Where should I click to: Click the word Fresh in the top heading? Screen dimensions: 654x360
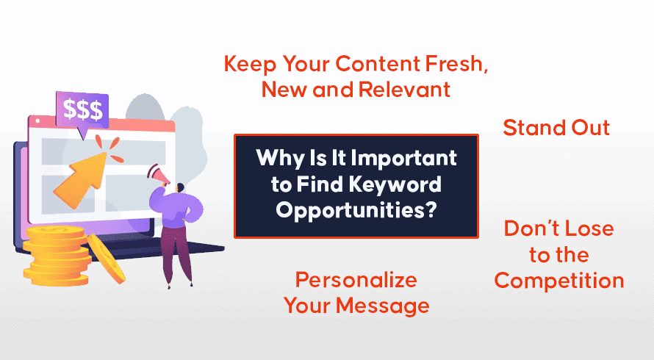coord(457,64)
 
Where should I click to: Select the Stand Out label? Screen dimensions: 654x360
coord(556,128)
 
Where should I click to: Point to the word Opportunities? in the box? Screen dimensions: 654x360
coord(356,210)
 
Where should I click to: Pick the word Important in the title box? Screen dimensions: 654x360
coord(403,159)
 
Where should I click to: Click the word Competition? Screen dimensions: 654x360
coord(559,281)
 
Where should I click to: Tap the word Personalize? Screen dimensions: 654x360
coord(356,280)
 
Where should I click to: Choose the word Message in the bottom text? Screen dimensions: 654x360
coord(382,306)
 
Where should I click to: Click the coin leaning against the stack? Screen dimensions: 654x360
coord(106,258)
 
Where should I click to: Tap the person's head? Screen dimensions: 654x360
coord(180,188)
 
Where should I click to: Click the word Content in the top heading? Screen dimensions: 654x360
coord(378,64)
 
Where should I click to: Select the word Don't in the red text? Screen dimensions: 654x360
coord(527,228)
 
